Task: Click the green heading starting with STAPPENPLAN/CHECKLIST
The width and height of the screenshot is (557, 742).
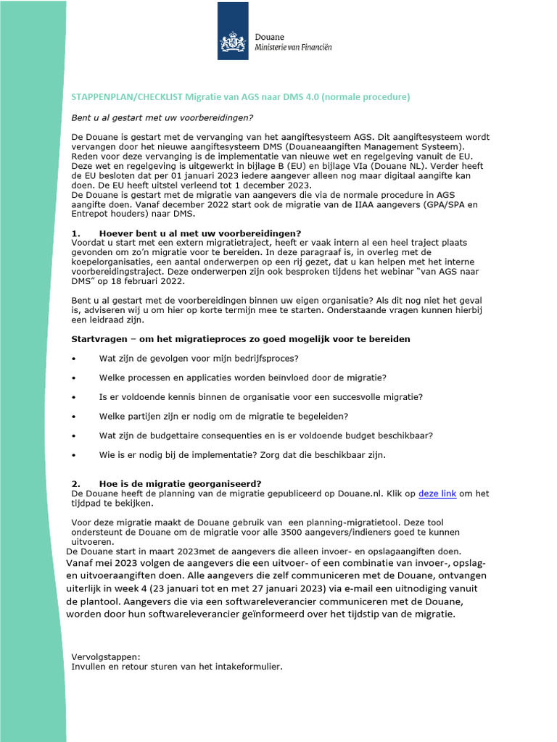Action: (240, 97)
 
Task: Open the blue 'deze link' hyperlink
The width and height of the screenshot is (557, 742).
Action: (437, 493)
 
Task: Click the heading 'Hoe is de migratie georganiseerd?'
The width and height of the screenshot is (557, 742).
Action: (180, 483)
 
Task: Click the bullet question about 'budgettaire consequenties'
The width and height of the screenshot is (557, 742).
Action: (266, 435)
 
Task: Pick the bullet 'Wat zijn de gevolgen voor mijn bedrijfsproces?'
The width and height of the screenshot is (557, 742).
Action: (199, 359)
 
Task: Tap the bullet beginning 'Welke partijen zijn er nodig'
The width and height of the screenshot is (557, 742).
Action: (223, 416)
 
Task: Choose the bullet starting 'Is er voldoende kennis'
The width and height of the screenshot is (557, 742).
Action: (260, 397)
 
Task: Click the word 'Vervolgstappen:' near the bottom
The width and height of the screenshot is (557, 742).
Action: (101, 657)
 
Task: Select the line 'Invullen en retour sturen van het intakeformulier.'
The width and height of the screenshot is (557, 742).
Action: (176, 667)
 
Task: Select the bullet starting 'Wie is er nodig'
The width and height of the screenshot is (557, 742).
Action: (242, 455)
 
